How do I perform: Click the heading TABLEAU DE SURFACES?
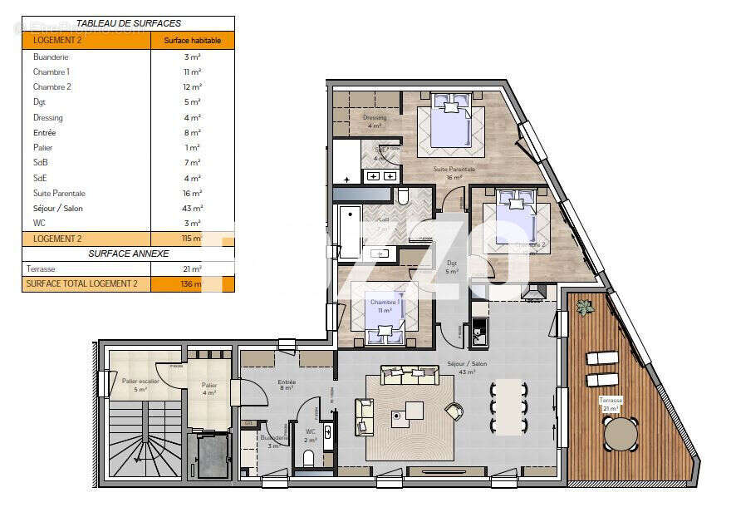tap(128, 23)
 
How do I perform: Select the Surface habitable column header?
tap(193, 40)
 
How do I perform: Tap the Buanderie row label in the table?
tap(51, 57)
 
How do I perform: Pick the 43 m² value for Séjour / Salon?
tap(193, 209)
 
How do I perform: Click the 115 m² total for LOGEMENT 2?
tap(193, 239)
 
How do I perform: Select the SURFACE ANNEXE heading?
tap(128, 254)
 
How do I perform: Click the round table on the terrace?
tap(621, 433)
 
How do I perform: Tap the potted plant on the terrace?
tap(586, 308)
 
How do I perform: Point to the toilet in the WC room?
tap(308, 457)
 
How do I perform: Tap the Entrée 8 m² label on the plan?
tap(287, 386)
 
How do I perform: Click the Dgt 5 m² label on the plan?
tap(452, 267)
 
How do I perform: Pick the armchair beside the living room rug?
tap(454, 411)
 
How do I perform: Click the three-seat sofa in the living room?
tap(409, 376)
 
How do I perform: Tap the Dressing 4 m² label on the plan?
tap(375, 121)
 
